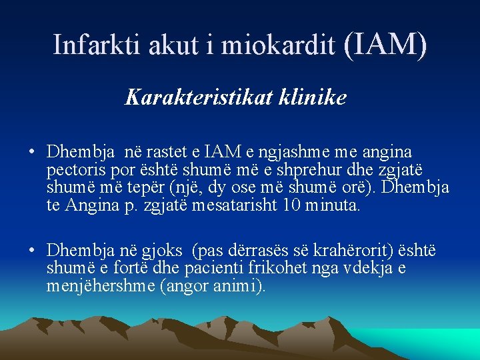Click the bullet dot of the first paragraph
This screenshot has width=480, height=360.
(x=31, y=152)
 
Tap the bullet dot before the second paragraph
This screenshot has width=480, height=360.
(x=31, y=251)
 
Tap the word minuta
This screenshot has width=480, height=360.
(x=334, y=205)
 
